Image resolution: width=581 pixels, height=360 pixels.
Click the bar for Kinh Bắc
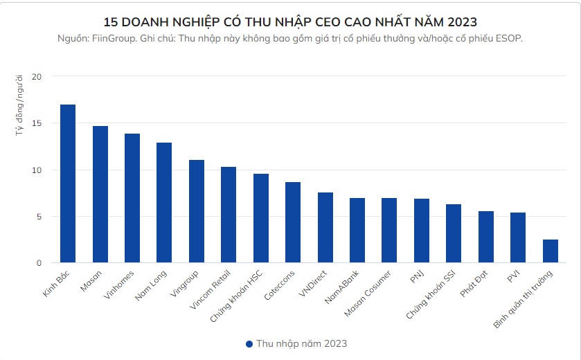(68, 183)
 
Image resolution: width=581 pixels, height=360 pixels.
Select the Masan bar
(100, 195)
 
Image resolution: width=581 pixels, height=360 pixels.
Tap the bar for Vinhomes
(132, 198)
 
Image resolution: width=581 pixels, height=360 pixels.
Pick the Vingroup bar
(197, 211)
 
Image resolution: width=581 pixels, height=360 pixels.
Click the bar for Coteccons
(293, 222)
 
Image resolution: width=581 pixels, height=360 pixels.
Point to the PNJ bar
(422, 231)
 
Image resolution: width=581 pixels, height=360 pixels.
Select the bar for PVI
(518, 237)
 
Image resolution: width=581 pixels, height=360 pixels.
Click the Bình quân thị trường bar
(551, 251)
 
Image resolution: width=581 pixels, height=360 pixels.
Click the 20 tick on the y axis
(37, 76)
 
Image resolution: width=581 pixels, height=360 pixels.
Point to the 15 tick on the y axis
(37, 123)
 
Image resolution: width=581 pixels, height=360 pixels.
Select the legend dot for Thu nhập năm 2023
(249, 343)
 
